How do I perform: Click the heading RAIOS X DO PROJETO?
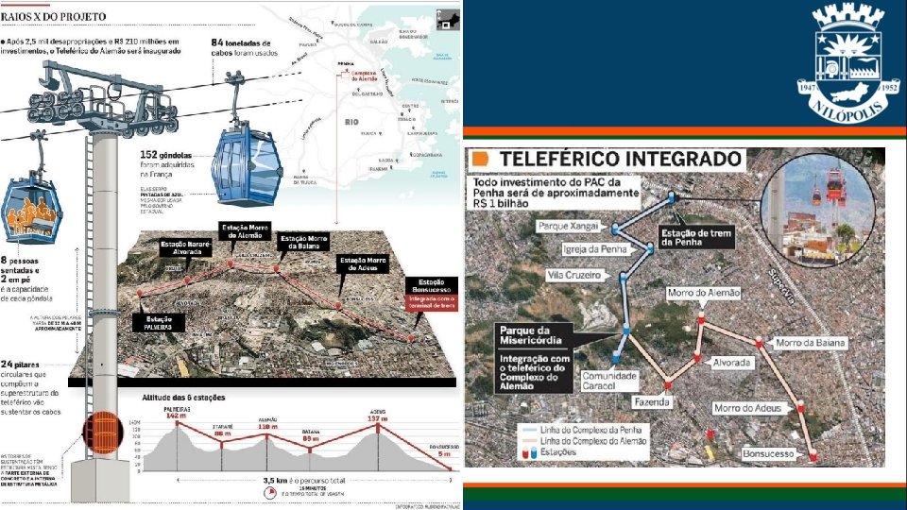tap(53, 16)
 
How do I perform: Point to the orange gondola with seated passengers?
tap(33, 210)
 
